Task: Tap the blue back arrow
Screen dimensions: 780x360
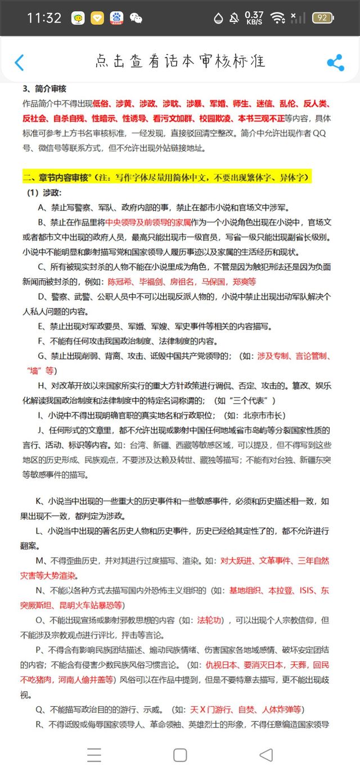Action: [19, 62]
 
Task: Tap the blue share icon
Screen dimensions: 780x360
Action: [335, 62]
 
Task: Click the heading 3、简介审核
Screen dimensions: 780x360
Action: [44, 89]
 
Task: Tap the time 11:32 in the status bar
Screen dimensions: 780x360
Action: [44, 18]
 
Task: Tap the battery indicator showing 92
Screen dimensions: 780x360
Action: [323, 18]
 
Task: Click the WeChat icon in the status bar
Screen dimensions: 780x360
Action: [136, 18]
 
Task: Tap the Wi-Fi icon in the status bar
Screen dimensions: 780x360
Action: [277, 18]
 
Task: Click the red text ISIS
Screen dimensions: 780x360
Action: [307, 590]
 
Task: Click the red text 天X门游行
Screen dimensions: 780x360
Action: [210, 710]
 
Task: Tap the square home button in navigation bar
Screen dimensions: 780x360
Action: [180, 755]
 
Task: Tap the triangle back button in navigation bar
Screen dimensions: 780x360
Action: [266, 755]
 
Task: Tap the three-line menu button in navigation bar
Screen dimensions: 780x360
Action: [94, 755]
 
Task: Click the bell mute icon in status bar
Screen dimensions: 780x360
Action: [234, 18]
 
